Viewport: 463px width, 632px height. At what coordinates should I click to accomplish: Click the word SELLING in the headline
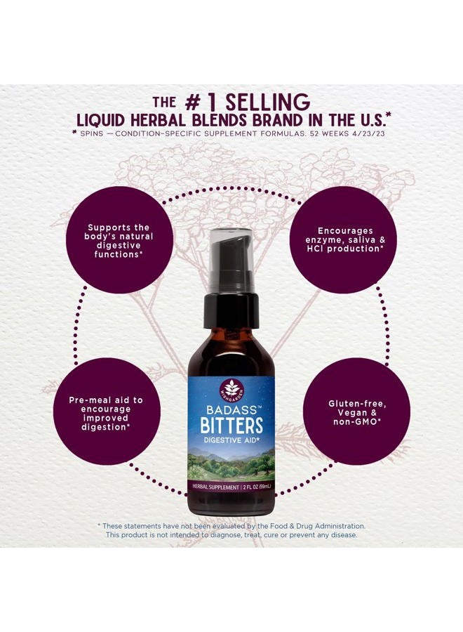point(267,102)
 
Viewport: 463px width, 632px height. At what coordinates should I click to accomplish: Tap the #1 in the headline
point(201,102)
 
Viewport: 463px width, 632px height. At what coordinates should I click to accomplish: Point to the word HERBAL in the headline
point(157,120)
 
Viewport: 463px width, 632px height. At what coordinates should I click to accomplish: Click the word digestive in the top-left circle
point(119,246)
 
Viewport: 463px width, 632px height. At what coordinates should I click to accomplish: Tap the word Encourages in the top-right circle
point(345,231)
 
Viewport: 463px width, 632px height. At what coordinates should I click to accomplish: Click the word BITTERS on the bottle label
point(231,426)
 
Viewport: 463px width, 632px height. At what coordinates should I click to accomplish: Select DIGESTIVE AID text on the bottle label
point(231,440)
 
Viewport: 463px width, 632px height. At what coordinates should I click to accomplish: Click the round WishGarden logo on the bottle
point(231,388)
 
